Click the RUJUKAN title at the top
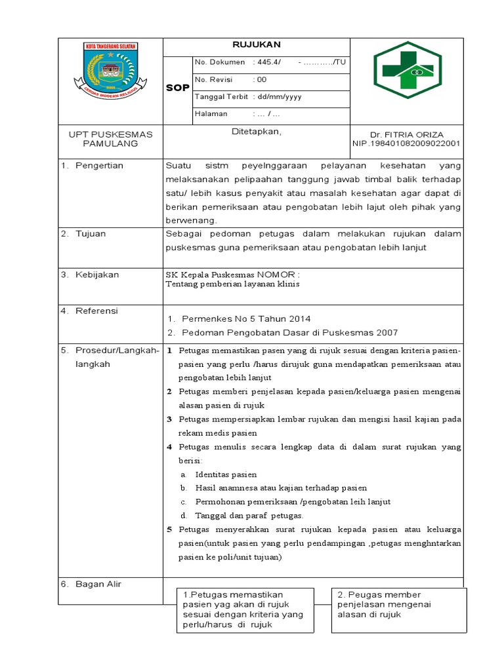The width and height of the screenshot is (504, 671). point(256,45)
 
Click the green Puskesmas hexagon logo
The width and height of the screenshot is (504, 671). point(408,70)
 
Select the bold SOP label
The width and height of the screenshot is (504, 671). point(177,88)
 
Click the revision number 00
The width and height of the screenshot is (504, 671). point(262,79)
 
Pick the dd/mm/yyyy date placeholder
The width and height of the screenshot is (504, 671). point(279,96)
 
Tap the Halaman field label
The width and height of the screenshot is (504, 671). point(211,113)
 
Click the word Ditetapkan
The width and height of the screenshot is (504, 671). point(256,132)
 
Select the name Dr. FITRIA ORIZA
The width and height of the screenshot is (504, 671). point(407,134)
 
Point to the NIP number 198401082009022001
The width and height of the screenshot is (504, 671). point(406,143)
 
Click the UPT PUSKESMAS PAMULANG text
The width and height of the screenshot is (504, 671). point(110,138)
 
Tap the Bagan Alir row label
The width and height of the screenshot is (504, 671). point(98,584)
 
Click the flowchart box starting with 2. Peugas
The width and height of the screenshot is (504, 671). point(399,609)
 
